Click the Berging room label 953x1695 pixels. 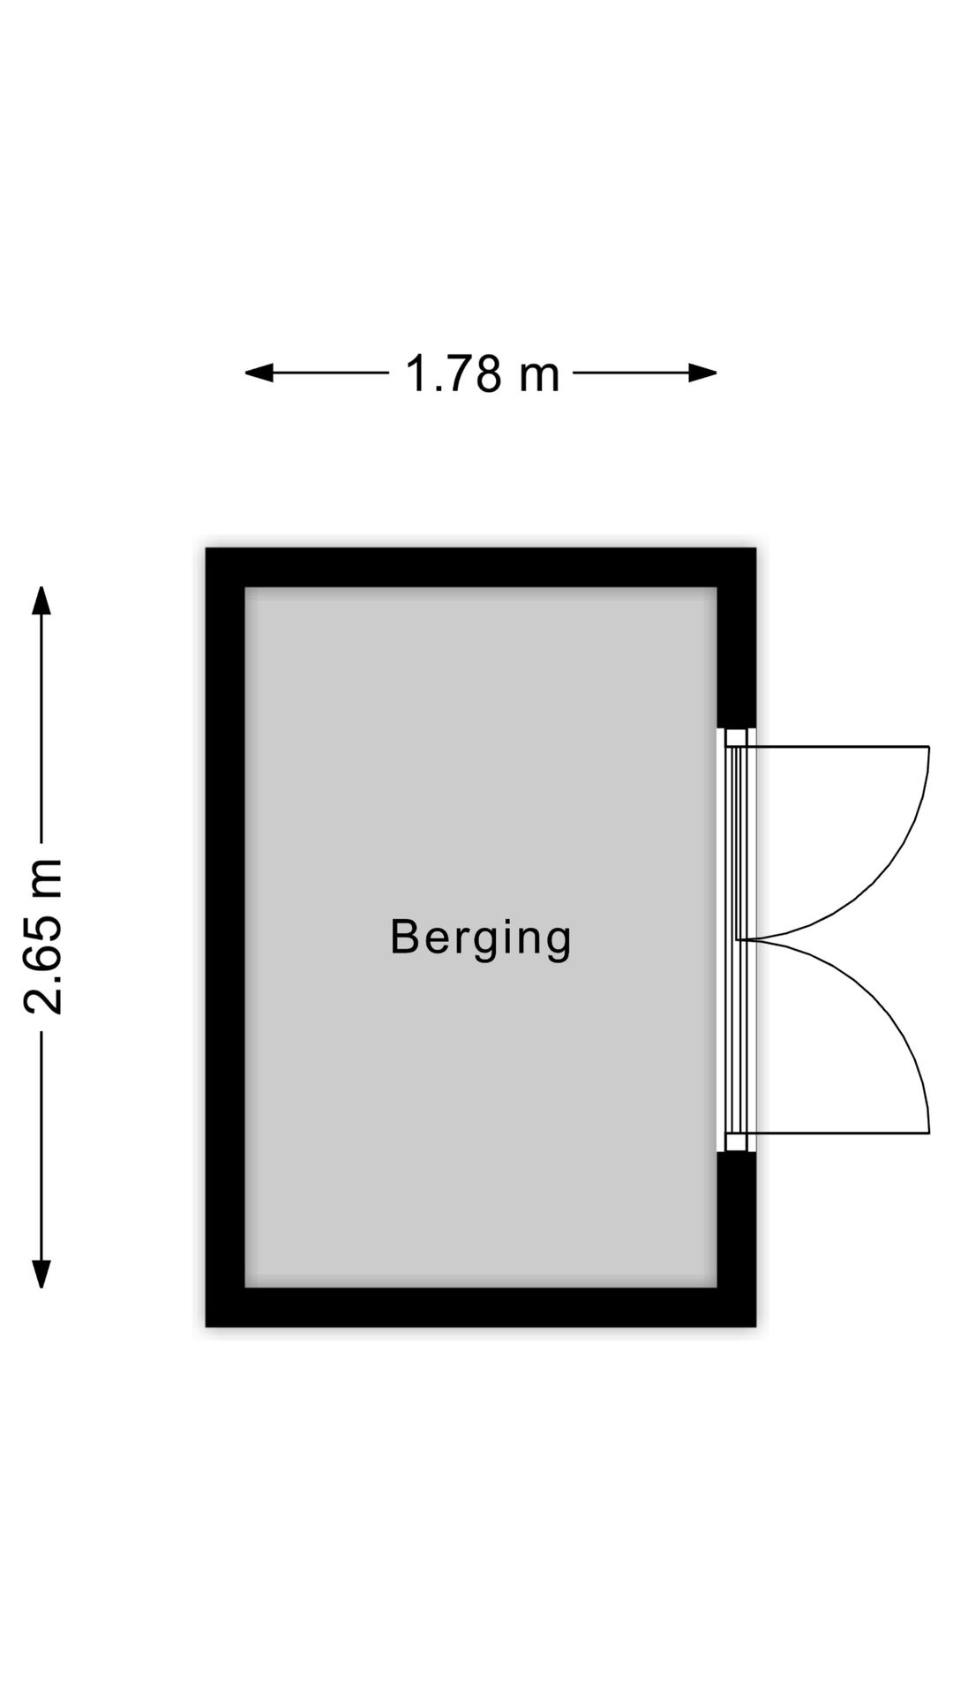click(x=481, y=938)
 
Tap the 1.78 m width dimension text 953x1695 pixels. click(x=482, y=373)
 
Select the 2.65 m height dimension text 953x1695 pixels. click(x=43, y=936)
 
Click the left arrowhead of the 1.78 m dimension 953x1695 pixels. click(x=259, y=373)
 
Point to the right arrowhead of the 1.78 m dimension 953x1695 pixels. click(x=702, y=373)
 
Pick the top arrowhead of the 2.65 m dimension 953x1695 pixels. click(x=41, y=600)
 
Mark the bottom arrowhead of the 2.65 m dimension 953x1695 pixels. click(x=41, y=1273)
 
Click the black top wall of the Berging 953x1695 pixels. click(x=481, y=568)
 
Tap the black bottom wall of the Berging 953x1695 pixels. click(x=481, y=1307)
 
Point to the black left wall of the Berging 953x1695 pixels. click(x=225, y=938)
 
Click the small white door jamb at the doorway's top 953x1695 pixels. click(x=737, y=737)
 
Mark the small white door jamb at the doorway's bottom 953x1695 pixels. click(x=737, y=1142)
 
